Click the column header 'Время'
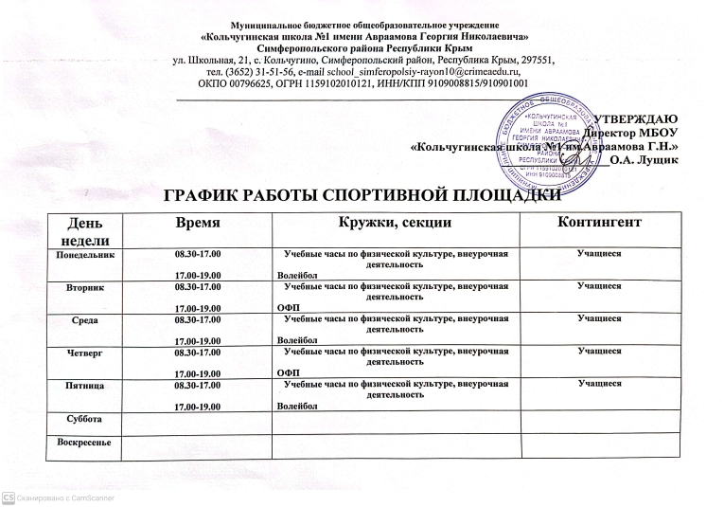click(198, 221)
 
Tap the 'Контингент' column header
click(601, 221)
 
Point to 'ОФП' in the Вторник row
click(284, 308)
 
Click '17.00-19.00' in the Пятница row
click(197, 406)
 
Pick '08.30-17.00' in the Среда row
click(197, 319)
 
